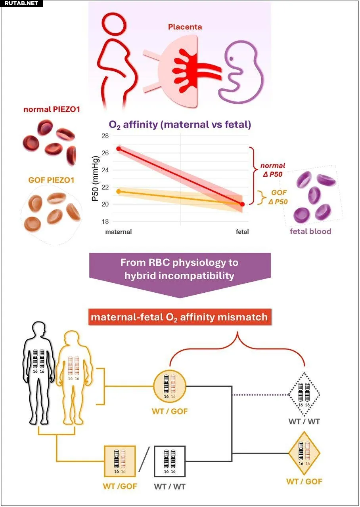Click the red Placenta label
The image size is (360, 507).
point(185,27)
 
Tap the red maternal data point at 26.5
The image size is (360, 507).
point(118,149)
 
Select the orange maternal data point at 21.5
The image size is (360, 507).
point(118,191)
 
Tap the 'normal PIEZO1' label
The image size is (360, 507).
point(51,109)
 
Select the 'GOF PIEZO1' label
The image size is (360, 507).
point(51,180)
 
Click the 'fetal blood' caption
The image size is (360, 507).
point(310,231)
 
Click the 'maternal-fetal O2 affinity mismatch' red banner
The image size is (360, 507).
point(179,317)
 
